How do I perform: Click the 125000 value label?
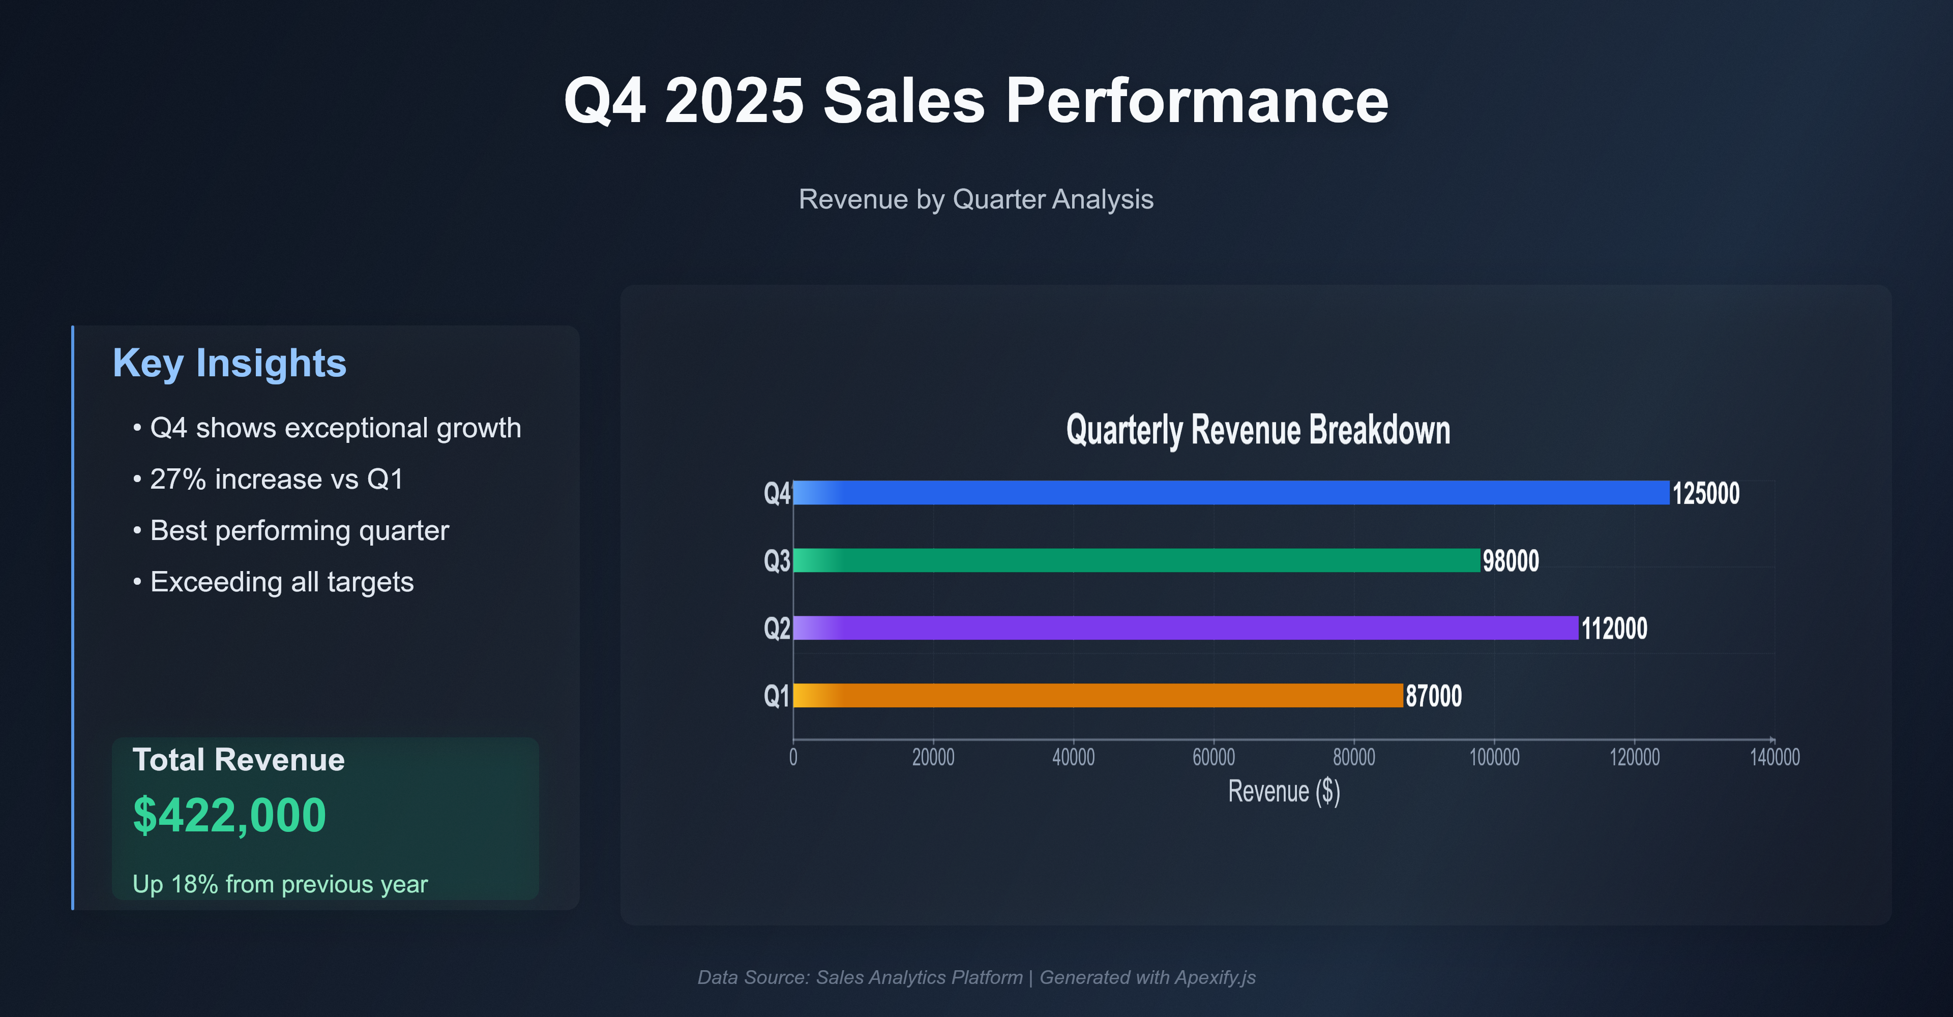pyautogui.click(x=1705, y=493)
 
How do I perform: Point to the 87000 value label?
pyautogui.click(x=1433, y=696)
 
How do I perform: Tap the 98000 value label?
pyautogui.click(x=1510, y=561)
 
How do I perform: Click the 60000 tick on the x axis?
pyautogui.click(x=1213, y=757)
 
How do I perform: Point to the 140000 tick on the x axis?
pyautogui.click(x=1774, y=757)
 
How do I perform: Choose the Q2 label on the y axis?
pyautogui.click(x=776, y=628)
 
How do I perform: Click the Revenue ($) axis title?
pyautogui.click(x=1284, y=791)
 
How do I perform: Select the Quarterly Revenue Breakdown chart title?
pyautogui.click(x=1258, y=430)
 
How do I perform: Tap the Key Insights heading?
pyautogui.click(x=229, y=363)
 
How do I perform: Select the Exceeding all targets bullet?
pyautogui.click(x=281, y=582)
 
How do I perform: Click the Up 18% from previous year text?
pyautogui.click(x=280, y=884)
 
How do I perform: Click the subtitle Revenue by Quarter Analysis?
pyautogui.click(x=976, y=199)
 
